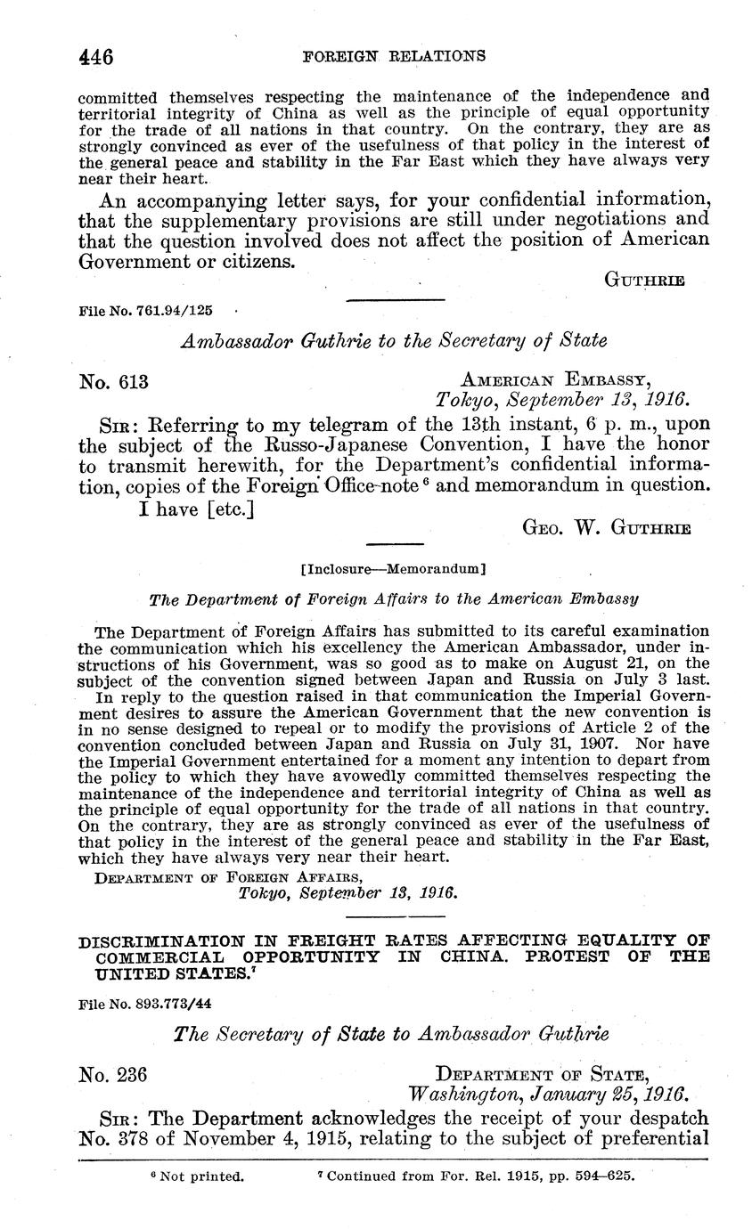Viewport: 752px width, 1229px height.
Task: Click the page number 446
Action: click(96, 58)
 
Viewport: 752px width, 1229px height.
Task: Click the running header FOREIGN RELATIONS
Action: click(394, 56)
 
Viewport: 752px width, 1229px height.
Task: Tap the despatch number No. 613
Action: click(113, 382)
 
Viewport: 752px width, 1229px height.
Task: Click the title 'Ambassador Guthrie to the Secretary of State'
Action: click(394, 341)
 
